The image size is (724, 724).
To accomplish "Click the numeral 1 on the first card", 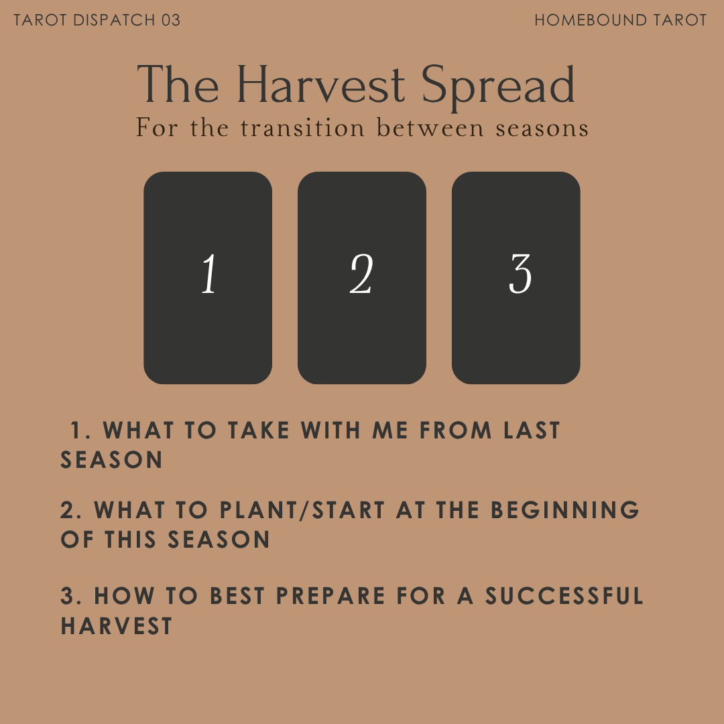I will (209, 275).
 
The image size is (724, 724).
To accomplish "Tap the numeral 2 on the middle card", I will (361, 275).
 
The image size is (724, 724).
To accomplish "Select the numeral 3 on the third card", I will (520, 275).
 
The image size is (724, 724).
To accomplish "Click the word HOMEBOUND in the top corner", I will (589, 20).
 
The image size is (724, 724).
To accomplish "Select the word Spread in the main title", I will (499, 85).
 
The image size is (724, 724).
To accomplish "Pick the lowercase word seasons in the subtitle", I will (542, 127).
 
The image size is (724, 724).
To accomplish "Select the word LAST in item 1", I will (533, 430).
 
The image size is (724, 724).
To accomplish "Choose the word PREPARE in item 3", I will (330, 596).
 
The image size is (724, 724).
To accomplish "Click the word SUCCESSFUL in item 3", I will (564, 596).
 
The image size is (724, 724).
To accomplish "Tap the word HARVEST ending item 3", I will (117, 626).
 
